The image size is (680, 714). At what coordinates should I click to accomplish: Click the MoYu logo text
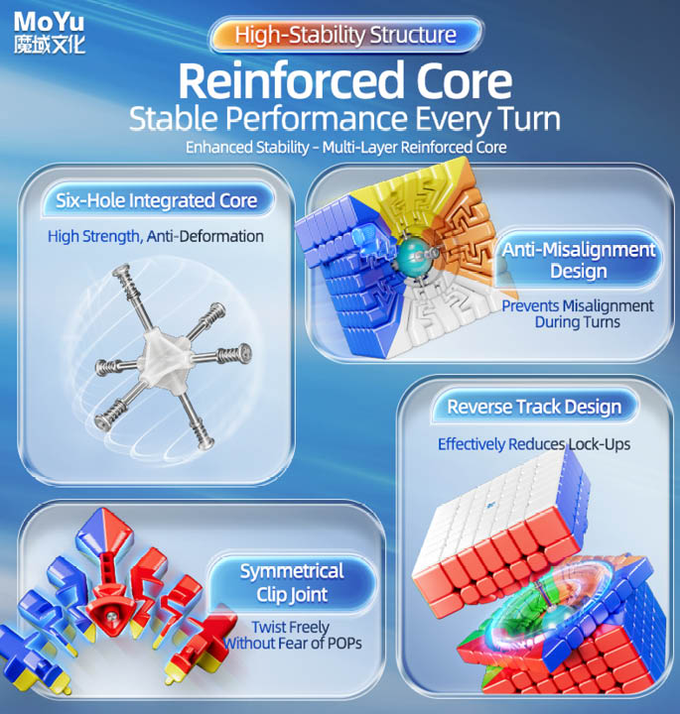(x=50, y=19)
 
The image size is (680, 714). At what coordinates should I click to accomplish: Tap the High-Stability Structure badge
(x=346, y=36)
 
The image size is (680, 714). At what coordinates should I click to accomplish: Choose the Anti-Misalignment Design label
(x=578, y=261)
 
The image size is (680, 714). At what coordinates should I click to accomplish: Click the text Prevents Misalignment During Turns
(x=577, y=313)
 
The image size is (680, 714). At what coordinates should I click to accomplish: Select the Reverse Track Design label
(x=534, y=407)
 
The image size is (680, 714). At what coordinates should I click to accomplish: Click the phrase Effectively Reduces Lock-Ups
(x=534, y=444)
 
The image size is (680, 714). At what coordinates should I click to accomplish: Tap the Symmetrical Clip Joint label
(x=291, y=582)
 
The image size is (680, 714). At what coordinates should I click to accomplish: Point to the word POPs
(x=340, y=643)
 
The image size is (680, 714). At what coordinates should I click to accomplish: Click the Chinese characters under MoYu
(x=50, y=44)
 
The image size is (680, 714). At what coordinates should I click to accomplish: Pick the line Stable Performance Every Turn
(x=345, y=119)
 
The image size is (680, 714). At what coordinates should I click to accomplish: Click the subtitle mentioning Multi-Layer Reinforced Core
(x=345, y=148)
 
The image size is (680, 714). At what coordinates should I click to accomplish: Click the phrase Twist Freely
(x=289, y=626)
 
